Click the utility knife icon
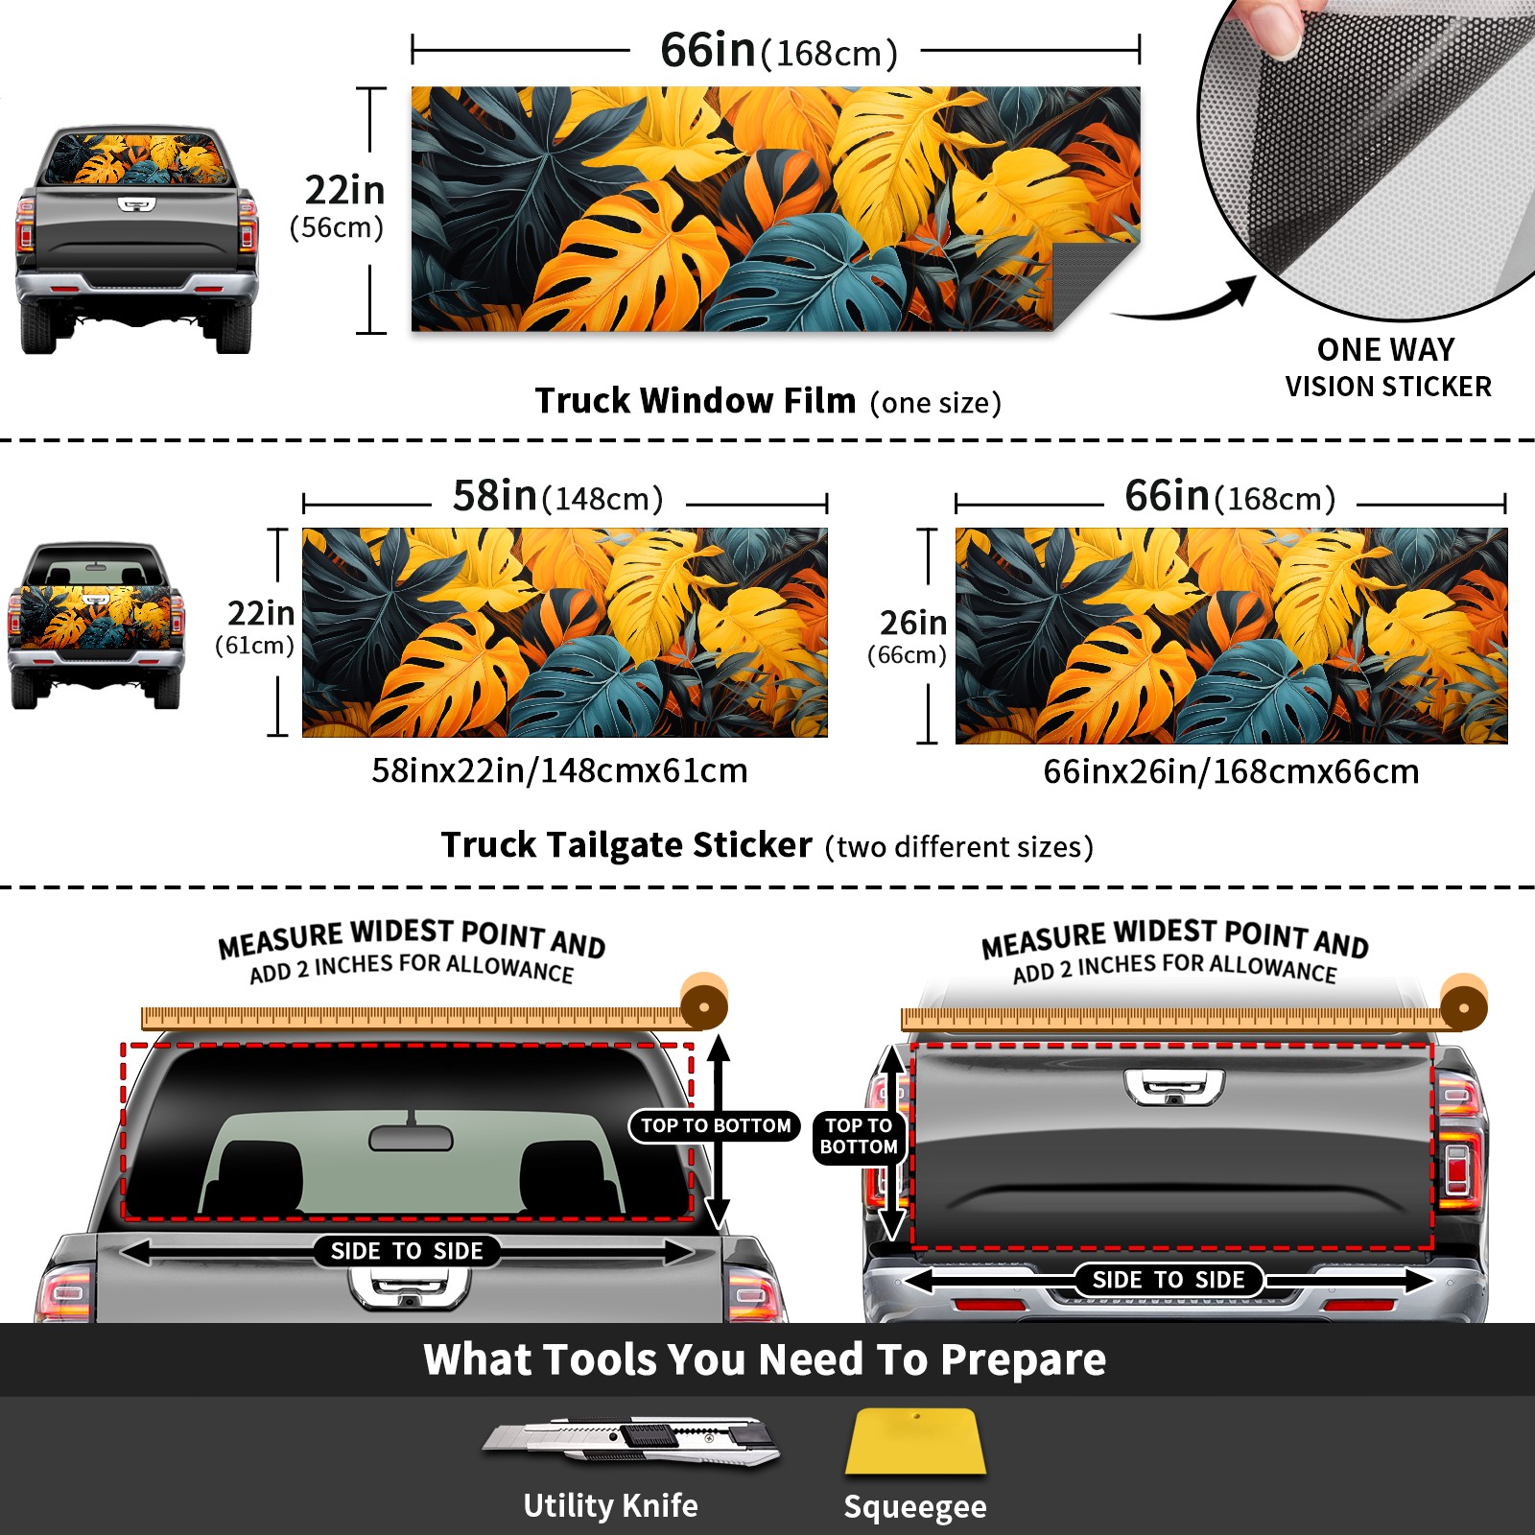pos(631,1440)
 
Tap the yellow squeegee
pos(915,1441)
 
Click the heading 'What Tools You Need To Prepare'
pos(765,1359)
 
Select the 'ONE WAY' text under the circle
pos(1385,349)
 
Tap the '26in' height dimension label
pos(913,623)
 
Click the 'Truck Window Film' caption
pos(696,400)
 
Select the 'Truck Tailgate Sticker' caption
pos(626,844)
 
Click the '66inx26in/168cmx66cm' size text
pos(1231,771)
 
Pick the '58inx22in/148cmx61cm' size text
pos(559,770)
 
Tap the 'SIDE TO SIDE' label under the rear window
pos(407,1251)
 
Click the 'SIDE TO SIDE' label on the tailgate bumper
pos(1169,1280)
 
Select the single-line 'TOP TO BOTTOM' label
pos(716,1125)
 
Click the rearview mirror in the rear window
pos(411,1136)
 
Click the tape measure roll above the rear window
pos(704,1004)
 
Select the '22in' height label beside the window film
pos(345,190)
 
